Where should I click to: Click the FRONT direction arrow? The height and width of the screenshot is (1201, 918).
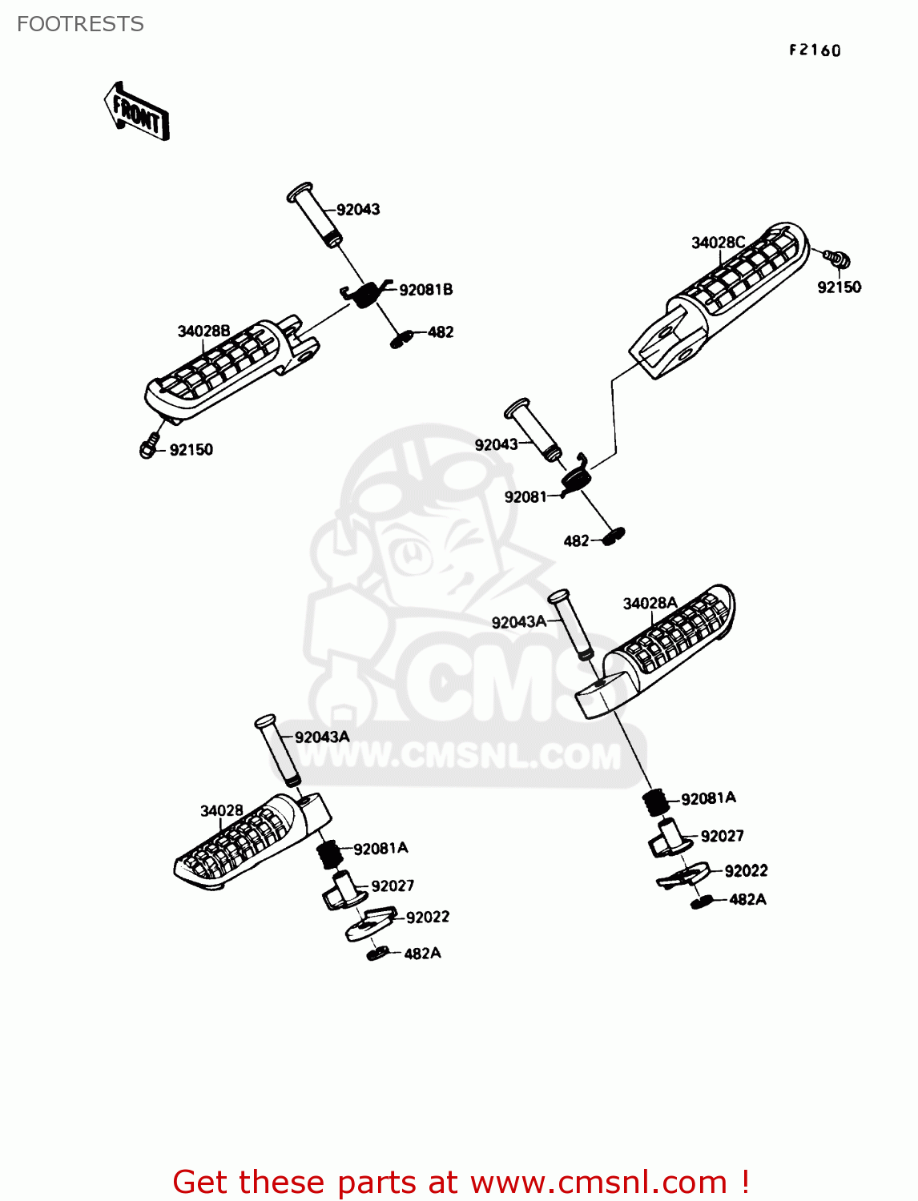coord(137,113)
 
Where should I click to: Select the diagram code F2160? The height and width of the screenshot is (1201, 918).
coord(815,50)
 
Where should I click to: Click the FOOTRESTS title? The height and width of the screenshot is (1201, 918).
coord(80,24)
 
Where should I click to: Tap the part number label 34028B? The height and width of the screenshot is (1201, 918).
coord(203,331)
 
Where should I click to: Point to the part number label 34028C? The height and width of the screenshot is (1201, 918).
coord(718,243)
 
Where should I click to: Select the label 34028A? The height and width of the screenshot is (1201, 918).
coord(650,604)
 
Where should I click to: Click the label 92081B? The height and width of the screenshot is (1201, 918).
coord(425,290)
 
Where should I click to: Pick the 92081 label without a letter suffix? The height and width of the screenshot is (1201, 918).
coord(525,497)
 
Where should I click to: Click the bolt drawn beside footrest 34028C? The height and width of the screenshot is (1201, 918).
coord(837,259)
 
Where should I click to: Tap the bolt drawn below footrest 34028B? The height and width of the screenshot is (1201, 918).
coord(149,448)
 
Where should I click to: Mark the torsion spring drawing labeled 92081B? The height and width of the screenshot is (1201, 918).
coord(365,293)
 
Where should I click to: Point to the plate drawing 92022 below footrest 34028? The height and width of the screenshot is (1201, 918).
coord(371,922)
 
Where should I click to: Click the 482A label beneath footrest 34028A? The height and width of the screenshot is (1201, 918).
coord(747,900)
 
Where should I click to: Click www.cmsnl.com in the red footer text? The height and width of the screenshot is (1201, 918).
coord(598,1182)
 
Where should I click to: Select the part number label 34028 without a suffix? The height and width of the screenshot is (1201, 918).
coord(221,811)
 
